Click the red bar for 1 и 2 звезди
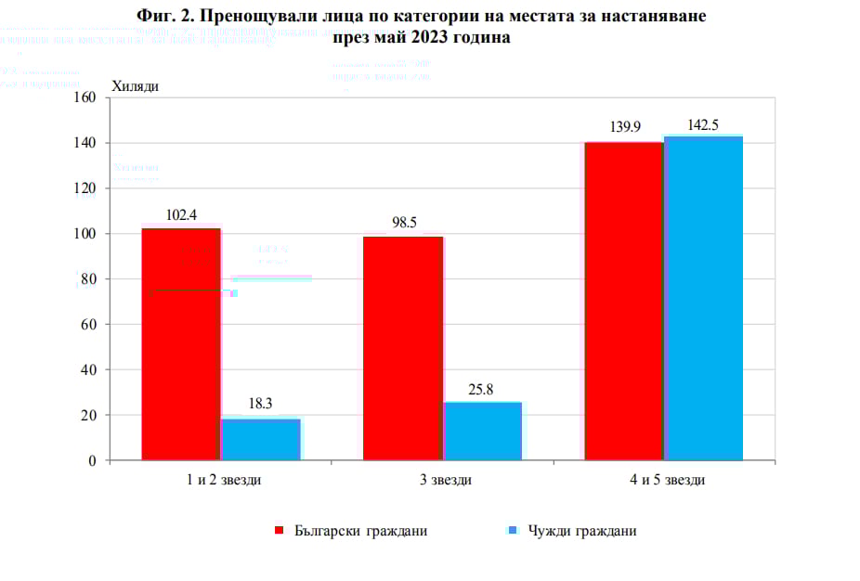pos(181,343)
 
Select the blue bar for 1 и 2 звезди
pos(261,439)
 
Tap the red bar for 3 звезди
pos(403,348)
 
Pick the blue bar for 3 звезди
pos(482,431)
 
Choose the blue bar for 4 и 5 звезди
pos(703,298)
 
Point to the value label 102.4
pos(181,215)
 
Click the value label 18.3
pos(261,405)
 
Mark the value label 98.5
pos(403,224)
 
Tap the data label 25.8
pos(481,389)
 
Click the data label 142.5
pos(703,123)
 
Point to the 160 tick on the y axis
pos(85,97)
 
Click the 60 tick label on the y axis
pos(89,325)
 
